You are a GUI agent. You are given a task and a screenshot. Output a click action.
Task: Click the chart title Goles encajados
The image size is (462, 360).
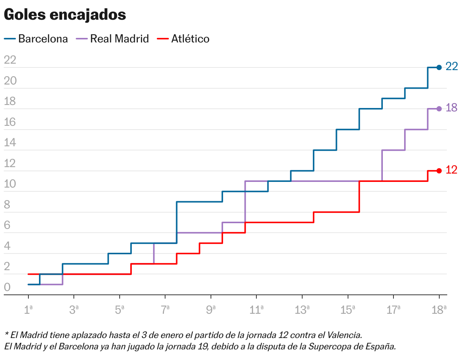65,15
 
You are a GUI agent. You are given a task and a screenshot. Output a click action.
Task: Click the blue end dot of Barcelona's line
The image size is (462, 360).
439,67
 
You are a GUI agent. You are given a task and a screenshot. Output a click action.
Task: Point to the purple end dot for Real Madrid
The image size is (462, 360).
439,109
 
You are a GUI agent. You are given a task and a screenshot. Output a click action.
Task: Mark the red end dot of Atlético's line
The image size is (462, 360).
439,171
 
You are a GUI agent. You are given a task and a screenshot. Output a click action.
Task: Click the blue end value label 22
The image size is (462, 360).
451,67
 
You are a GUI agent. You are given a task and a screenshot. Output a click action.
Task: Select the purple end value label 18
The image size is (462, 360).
451,108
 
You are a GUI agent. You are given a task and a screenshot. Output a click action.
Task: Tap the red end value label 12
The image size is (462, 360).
451,170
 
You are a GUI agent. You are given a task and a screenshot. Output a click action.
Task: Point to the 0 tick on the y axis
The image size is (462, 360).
7,287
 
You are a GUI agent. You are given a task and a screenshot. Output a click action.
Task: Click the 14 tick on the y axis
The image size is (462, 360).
10,143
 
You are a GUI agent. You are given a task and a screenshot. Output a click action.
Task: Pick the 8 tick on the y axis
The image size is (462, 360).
7,205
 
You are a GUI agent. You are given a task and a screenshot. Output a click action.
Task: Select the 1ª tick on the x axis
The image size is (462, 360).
28,310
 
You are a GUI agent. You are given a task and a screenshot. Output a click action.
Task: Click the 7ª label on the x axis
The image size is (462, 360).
165,310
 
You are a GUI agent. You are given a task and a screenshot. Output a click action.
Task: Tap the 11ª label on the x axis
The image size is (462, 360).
256,310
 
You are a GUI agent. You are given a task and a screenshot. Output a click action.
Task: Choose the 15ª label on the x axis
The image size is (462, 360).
348,310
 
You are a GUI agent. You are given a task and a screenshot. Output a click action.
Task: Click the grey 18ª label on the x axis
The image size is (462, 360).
439,310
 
